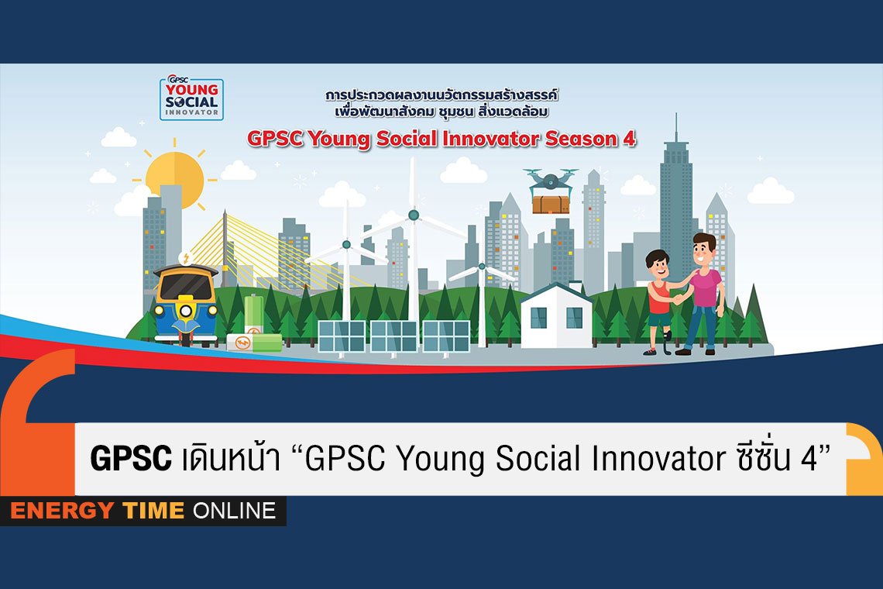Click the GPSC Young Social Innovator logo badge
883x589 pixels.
click(x=191, y=98)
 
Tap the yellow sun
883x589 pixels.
click(x=174, y=180)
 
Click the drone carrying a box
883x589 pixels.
click(x=550, y=191)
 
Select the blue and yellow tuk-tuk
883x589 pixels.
click(x=186, y=304)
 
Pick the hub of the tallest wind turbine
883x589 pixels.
click(x=414, y=215)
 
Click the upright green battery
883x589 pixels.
click(x=254, y=315)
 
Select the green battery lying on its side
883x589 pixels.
click(x=254, y=343)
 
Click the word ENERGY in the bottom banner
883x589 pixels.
click(x=62, y=511)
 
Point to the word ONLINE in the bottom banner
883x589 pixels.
click(x=234, y=511)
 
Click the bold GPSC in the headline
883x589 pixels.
click(x=131, y=458)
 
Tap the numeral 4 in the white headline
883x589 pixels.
click(x=809, y=458)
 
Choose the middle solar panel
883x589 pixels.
click(x=393, y=336)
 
